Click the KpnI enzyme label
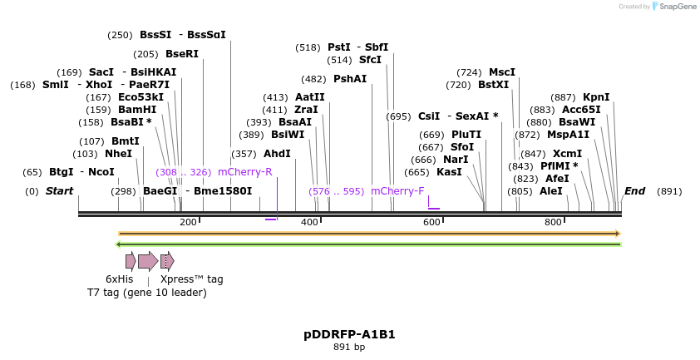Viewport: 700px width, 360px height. (596, 97)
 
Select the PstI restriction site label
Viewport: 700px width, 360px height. (338, 47)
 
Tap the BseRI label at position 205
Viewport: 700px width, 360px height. (182, 54)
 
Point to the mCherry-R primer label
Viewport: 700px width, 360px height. (245, 172)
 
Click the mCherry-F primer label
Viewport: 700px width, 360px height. (397, 191)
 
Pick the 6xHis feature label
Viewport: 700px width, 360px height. (119, 279)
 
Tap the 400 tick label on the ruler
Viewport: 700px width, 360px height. (309, 222)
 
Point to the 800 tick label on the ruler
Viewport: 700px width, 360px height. (553, 222)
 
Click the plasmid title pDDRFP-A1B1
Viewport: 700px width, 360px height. (349, 334)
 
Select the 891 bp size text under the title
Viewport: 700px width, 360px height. (349, 347)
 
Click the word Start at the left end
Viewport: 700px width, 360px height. (59, 191)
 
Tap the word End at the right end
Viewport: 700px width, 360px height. (634, 191)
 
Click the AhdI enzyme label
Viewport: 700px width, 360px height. (277, 154)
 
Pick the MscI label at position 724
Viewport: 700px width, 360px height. (502, 72)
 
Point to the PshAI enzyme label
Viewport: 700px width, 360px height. (350, 79)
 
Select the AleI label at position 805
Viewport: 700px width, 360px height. (550, 191)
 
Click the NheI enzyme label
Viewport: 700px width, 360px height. (118, 154)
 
